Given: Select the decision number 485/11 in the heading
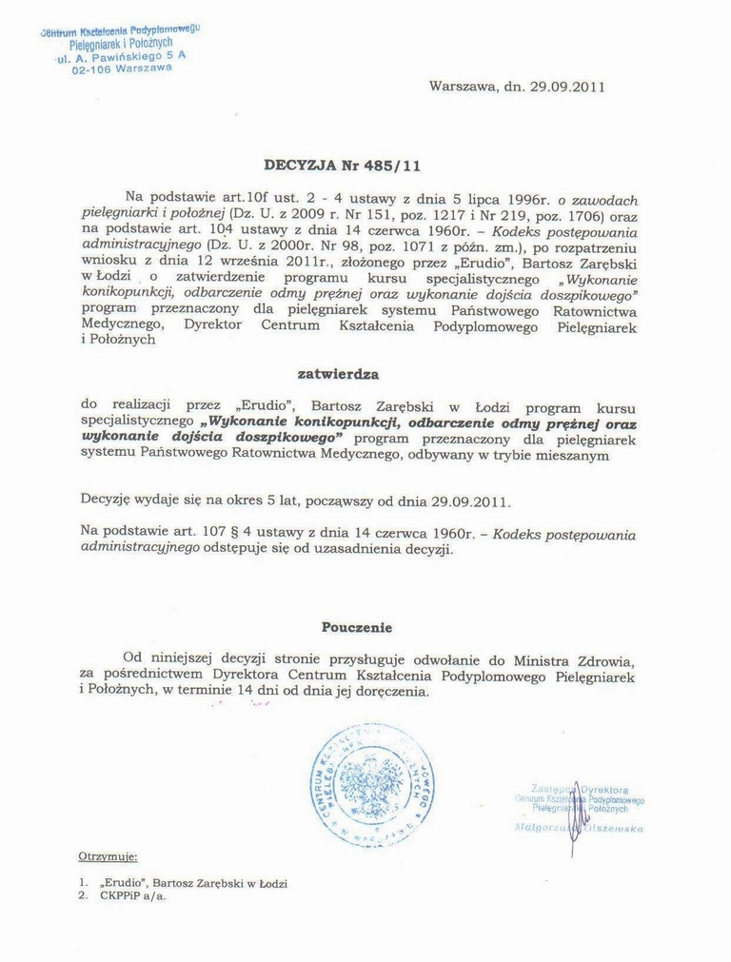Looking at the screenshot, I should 395,164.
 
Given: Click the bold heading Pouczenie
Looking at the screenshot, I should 356,628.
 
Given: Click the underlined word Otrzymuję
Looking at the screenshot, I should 109,857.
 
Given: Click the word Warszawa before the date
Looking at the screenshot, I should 463,87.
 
